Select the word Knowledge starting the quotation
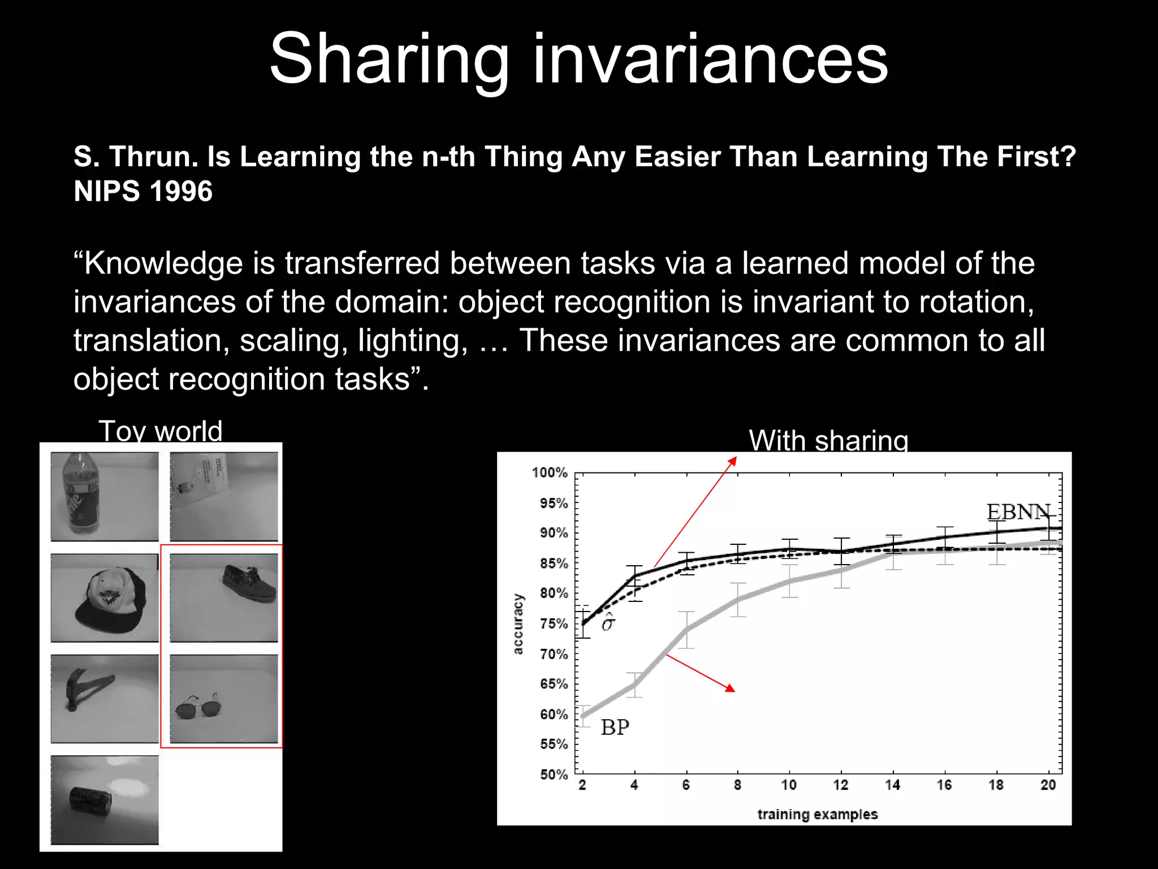(155, 264)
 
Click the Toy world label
(160, 431)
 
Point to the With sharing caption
(828, 440)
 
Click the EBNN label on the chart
(1018, 512)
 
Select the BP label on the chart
(615, 727)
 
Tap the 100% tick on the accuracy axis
(549, 472)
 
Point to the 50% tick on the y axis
(553, 774)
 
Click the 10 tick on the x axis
(789, 785)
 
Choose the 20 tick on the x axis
(1048, 785)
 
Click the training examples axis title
(817, 814)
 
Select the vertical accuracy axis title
(517, 623)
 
